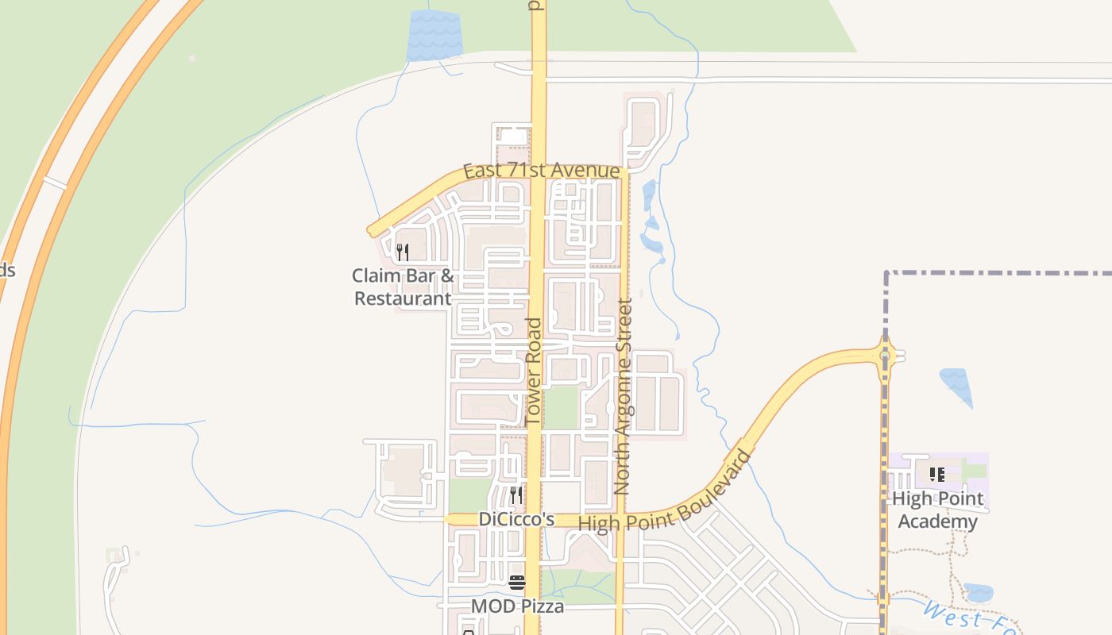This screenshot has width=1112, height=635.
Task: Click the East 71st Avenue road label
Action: tap(541, 171)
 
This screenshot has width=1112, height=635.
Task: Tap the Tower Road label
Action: tap(534, 371)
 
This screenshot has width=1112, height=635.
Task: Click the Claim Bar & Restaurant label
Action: tap(403, 287)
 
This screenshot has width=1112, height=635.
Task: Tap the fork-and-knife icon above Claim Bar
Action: tap(403, 253)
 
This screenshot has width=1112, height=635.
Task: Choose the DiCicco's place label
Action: tap(516, 519)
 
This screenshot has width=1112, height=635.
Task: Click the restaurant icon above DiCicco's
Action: tap(516, 495)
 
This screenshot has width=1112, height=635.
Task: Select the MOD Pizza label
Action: tap(518, 607)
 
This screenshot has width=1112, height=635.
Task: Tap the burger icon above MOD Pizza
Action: tap(517, 583)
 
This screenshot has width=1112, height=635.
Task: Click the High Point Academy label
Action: tap(937, 510)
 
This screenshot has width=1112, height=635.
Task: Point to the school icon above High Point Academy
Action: tap(937, 475)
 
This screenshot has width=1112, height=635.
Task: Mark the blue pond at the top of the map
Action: tap(434, 36)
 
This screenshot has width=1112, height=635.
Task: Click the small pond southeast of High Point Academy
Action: tap(978, 593)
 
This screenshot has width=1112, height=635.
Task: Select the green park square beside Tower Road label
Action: tap(562, 407)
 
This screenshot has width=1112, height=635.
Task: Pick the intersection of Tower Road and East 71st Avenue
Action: tap(539, 172)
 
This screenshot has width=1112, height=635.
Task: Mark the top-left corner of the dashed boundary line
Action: tap(886, 273)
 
